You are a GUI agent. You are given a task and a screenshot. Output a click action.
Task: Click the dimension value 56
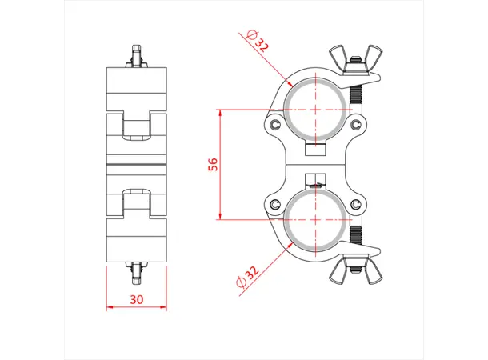213,164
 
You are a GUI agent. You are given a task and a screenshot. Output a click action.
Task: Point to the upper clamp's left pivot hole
276,126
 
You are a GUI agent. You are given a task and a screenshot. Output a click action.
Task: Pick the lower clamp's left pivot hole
276,203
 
